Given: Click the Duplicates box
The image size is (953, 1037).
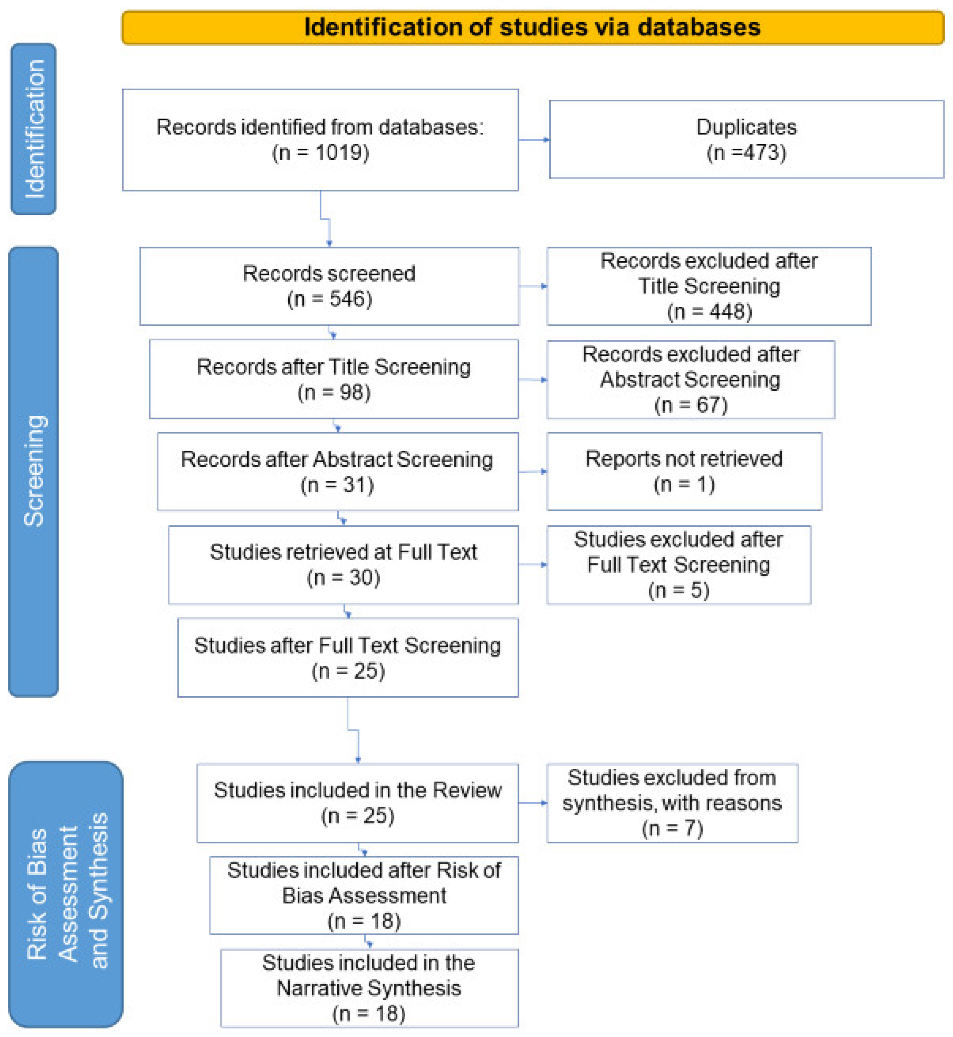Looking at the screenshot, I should (x=746, y=139).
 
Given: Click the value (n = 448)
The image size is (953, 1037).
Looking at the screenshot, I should (x=709, y=311).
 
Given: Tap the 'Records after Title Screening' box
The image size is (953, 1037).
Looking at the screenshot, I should (x=334, y=379).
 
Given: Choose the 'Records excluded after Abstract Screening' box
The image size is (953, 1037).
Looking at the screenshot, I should (x=691, y=379).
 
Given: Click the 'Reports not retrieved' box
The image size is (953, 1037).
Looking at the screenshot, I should (x=684, y=471).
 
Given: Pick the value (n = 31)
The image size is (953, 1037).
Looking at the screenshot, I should (x=337, y=485).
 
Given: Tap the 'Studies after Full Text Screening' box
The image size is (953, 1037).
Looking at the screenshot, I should (x=347, y=657).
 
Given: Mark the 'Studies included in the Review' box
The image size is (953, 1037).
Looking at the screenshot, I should (x=357, y=803).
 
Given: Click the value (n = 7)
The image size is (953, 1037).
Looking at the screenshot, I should (x=672, y=829).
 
